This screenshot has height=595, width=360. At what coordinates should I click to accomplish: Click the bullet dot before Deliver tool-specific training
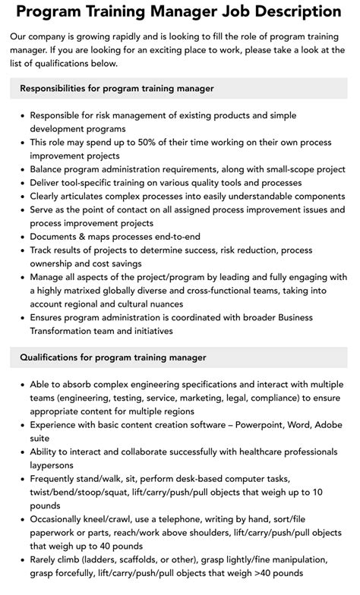(x=21, y=183)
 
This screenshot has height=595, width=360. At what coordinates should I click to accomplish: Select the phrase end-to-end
(x=180, y=237)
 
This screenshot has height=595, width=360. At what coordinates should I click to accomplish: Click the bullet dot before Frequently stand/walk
(x=21, y=479)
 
